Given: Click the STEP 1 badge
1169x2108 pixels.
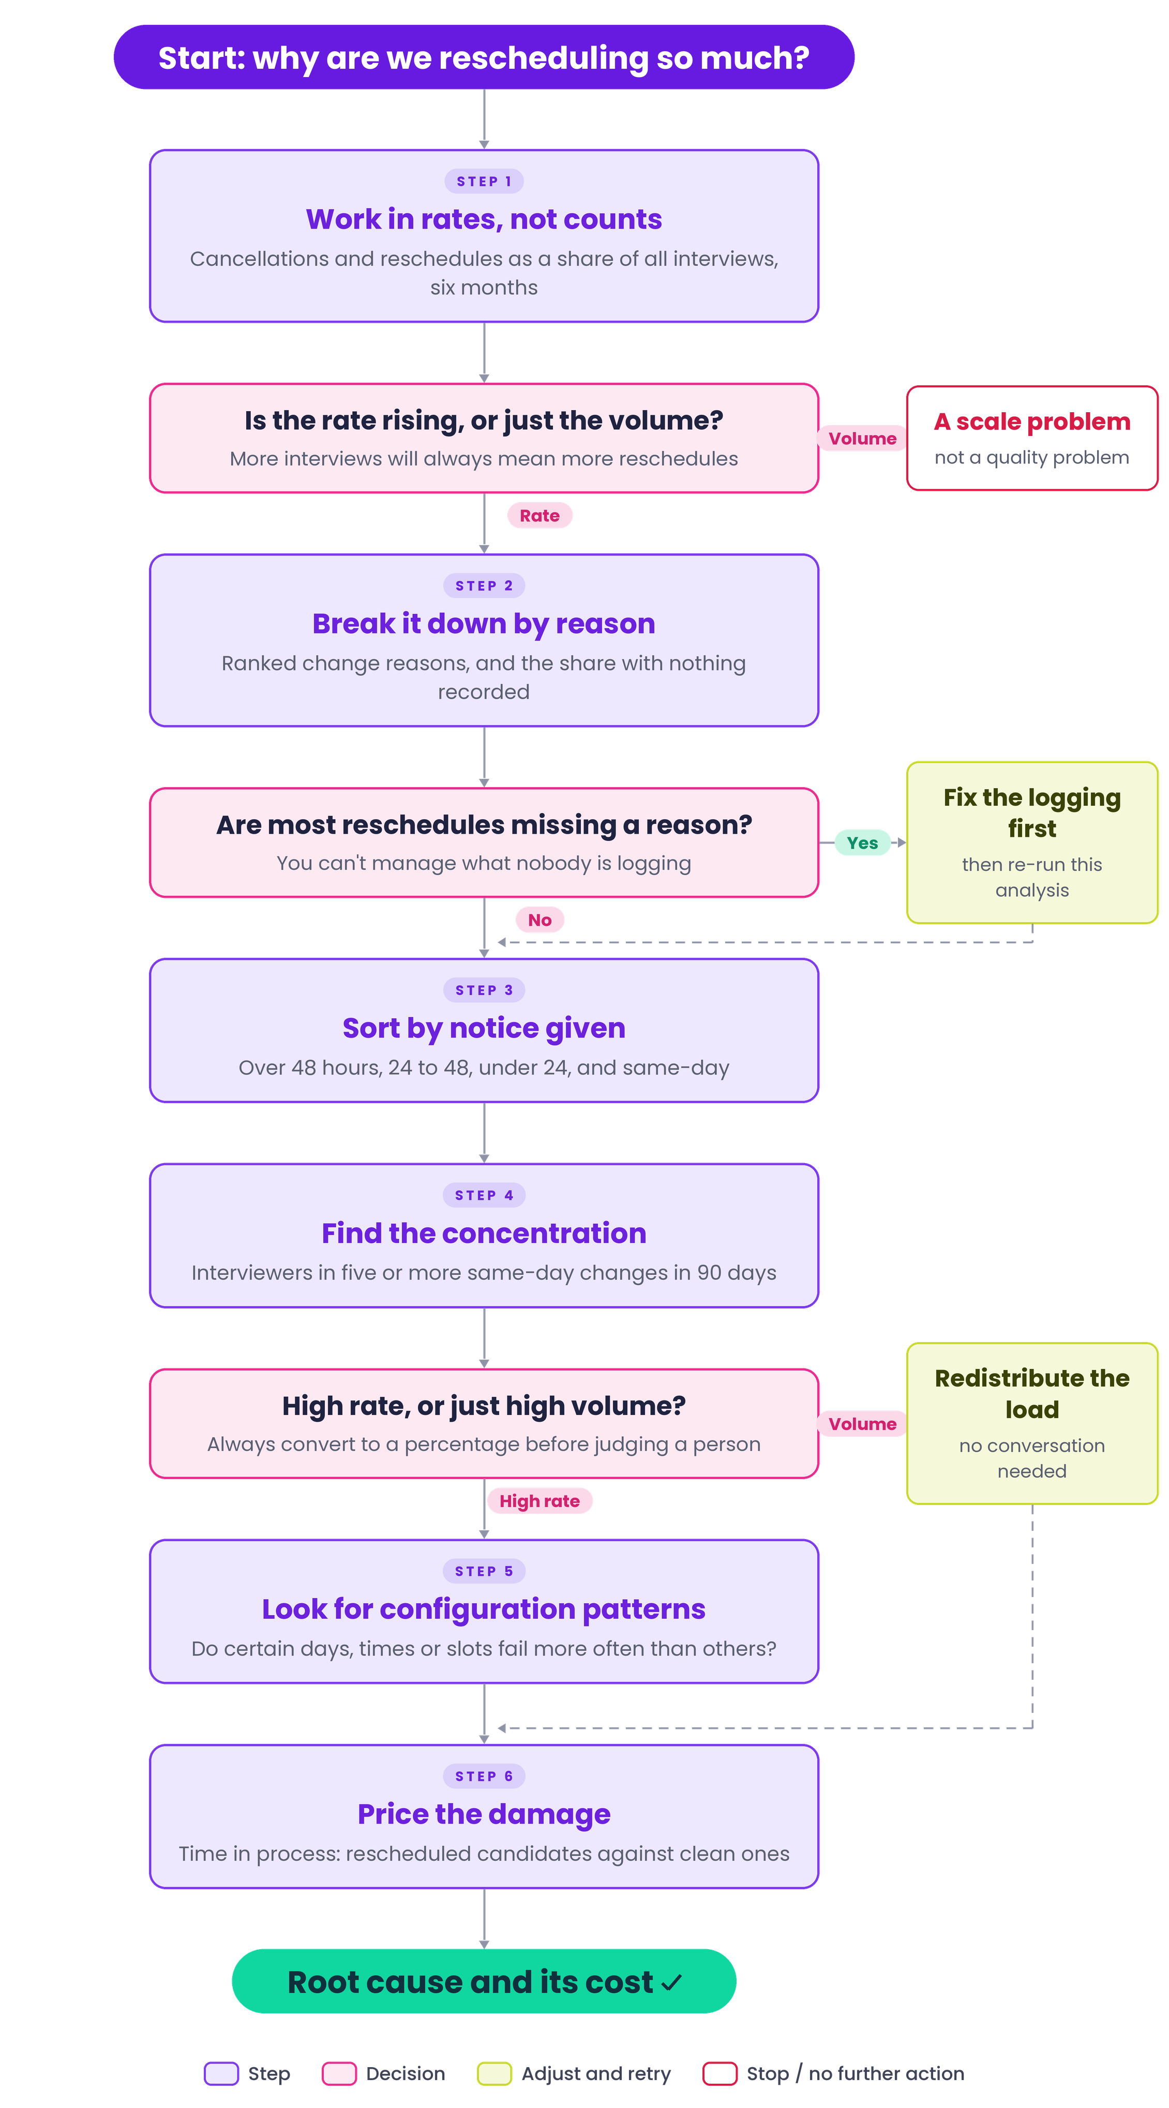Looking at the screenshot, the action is (x=484, y=181).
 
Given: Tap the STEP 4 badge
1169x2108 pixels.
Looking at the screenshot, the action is (x=484, y=1195).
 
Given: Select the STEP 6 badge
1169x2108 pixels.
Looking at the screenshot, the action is (x=484, y=1776).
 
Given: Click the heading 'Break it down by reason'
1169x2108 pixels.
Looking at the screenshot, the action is (x=484, y=624).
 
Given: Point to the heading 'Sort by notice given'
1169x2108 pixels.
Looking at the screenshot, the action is (x=484, y=1028).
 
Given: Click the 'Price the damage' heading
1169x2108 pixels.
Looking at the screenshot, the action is (x=484, y=1814).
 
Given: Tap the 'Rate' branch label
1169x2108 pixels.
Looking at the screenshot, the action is (x=539, y=516).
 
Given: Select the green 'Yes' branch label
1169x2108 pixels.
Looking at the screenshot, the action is (x=862, y=843).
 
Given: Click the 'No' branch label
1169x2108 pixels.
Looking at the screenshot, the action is (x=539, y=920).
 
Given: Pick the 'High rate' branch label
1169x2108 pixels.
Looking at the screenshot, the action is (x=539, y=1501).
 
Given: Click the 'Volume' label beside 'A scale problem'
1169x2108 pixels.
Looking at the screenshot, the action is (x=862, y=439).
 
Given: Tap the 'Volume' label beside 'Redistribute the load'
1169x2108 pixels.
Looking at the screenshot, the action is (x=862, y=1424).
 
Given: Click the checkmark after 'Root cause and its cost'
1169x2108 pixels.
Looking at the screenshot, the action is (x=671, y=1983).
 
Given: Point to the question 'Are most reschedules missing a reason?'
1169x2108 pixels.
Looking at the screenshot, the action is (x=484, y=825).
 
